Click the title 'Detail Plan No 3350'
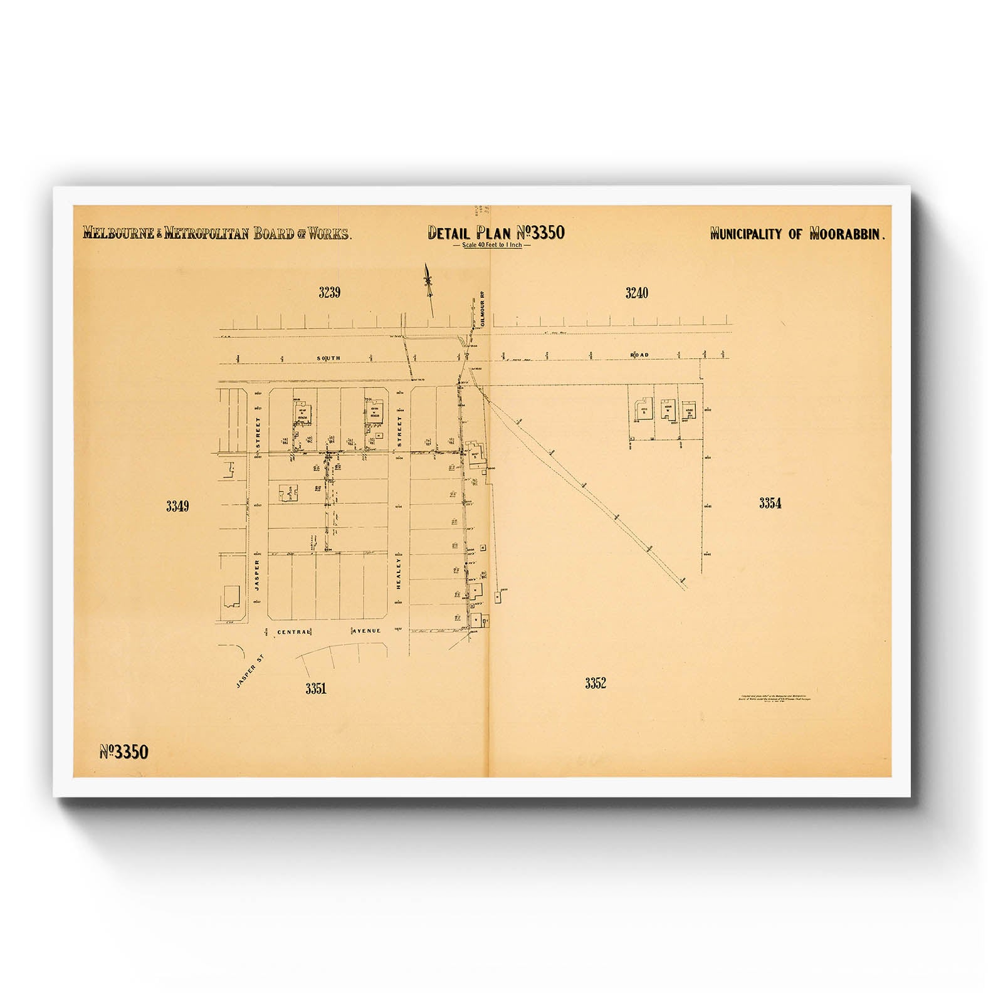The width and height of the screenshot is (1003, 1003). (496, 233)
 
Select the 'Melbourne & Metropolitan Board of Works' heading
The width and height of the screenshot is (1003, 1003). (218, 234)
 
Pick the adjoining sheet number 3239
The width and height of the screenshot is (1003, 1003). (329, 292)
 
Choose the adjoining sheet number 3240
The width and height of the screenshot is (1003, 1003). (636, 292)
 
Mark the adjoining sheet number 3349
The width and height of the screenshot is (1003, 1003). (177, 507)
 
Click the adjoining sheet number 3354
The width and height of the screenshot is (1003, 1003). (770, 503)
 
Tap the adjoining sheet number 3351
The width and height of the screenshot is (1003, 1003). (316, 688)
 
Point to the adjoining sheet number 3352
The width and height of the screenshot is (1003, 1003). (596, 683)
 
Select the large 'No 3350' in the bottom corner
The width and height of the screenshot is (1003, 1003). (124, 752)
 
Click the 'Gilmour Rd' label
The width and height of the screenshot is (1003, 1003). (483, 308)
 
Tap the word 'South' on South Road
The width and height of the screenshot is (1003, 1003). (328, 358)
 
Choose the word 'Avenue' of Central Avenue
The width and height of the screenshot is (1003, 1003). (366, 631)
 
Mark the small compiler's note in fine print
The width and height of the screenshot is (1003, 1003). (775, 698)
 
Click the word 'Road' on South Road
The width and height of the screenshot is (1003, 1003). (639, 355)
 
